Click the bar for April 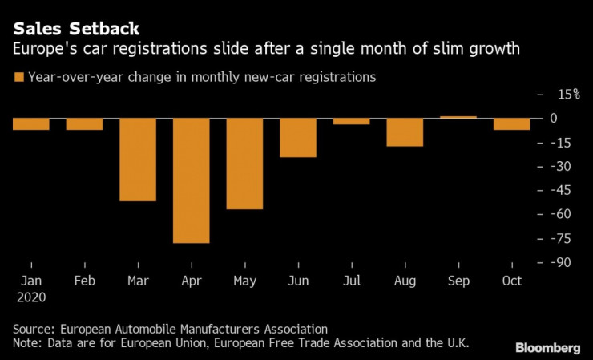click(192, 180)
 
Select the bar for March click(138, 160)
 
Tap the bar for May click(244, 164)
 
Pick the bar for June click(298, 138)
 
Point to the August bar click(405, 132)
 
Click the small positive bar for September click(458, 117)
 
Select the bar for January click(31, 124)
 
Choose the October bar click(511, 124)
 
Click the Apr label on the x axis click(192, 281)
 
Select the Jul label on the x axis click(351, 281)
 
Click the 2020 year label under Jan click(31, 297)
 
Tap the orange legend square click(18, 78)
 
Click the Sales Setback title click(70, 30)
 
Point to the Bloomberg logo click(547, 347)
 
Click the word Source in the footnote click(33, 329)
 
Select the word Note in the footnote click(27, 343)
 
